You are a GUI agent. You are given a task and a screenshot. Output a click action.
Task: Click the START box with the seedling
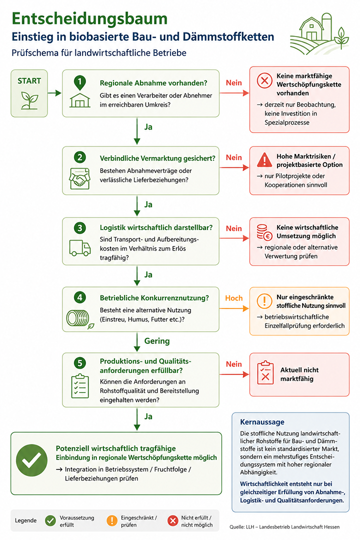tap(29, 93)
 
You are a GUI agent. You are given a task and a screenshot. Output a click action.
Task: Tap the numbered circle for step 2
tap(80, 157)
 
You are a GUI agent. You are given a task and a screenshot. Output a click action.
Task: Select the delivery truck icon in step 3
tap(80, 248)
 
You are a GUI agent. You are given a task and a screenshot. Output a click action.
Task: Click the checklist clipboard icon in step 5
tap(80, 386)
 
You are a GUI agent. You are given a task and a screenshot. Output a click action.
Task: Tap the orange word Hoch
tap(234, 298)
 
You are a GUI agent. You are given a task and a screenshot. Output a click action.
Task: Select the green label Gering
tap(157, 341)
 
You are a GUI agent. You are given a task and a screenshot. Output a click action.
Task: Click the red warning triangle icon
tap(264, 159)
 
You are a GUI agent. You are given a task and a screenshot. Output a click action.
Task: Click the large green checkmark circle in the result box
tap(31, 460)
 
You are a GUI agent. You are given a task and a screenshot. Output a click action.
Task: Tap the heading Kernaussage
tap(262, 422)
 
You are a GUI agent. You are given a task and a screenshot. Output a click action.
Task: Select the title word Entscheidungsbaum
tap(89, 18)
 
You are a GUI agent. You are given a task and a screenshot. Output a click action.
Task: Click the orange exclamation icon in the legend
tap(112, 520)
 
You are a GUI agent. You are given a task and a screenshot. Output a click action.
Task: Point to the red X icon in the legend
tap(172, 520)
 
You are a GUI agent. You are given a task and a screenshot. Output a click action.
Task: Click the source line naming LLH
tap(284, 527)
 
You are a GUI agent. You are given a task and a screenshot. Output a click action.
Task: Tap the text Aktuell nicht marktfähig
tap(299, 374)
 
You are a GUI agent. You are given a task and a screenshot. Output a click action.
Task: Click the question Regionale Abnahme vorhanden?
tap(153, 83)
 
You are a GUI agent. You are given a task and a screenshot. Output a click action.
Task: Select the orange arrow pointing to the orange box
tap(234, 308)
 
